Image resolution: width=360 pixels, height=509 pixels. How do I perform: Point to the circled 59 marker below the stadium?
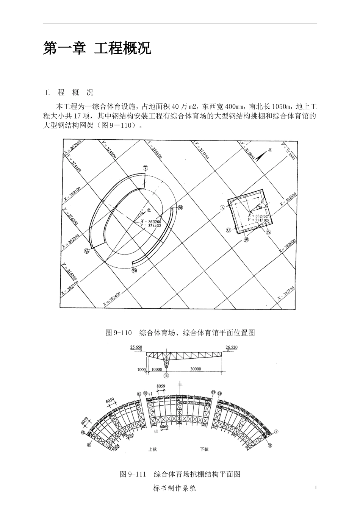134,270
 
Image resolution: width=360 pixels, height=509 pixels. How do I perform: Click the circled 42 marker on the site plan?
86,250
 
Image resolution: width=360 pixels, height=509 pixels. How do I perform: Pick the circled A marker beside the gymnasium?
222,207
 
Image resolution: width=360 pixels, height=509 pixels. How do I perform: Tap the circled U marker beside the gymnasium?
228,230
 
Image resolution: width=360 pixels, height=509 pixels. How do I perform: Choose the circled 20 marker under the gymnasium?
247,239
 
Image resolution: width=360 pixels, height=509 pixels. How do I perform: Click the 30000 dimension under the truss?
196,369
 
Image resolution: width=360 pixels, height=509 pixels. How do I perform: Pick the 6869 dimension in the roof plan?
164,427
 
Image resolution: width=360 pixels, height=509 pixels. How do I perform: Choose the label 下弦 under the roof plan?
204,450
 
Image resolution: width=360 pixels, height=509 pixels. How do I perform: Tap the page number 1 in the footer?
315,488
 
